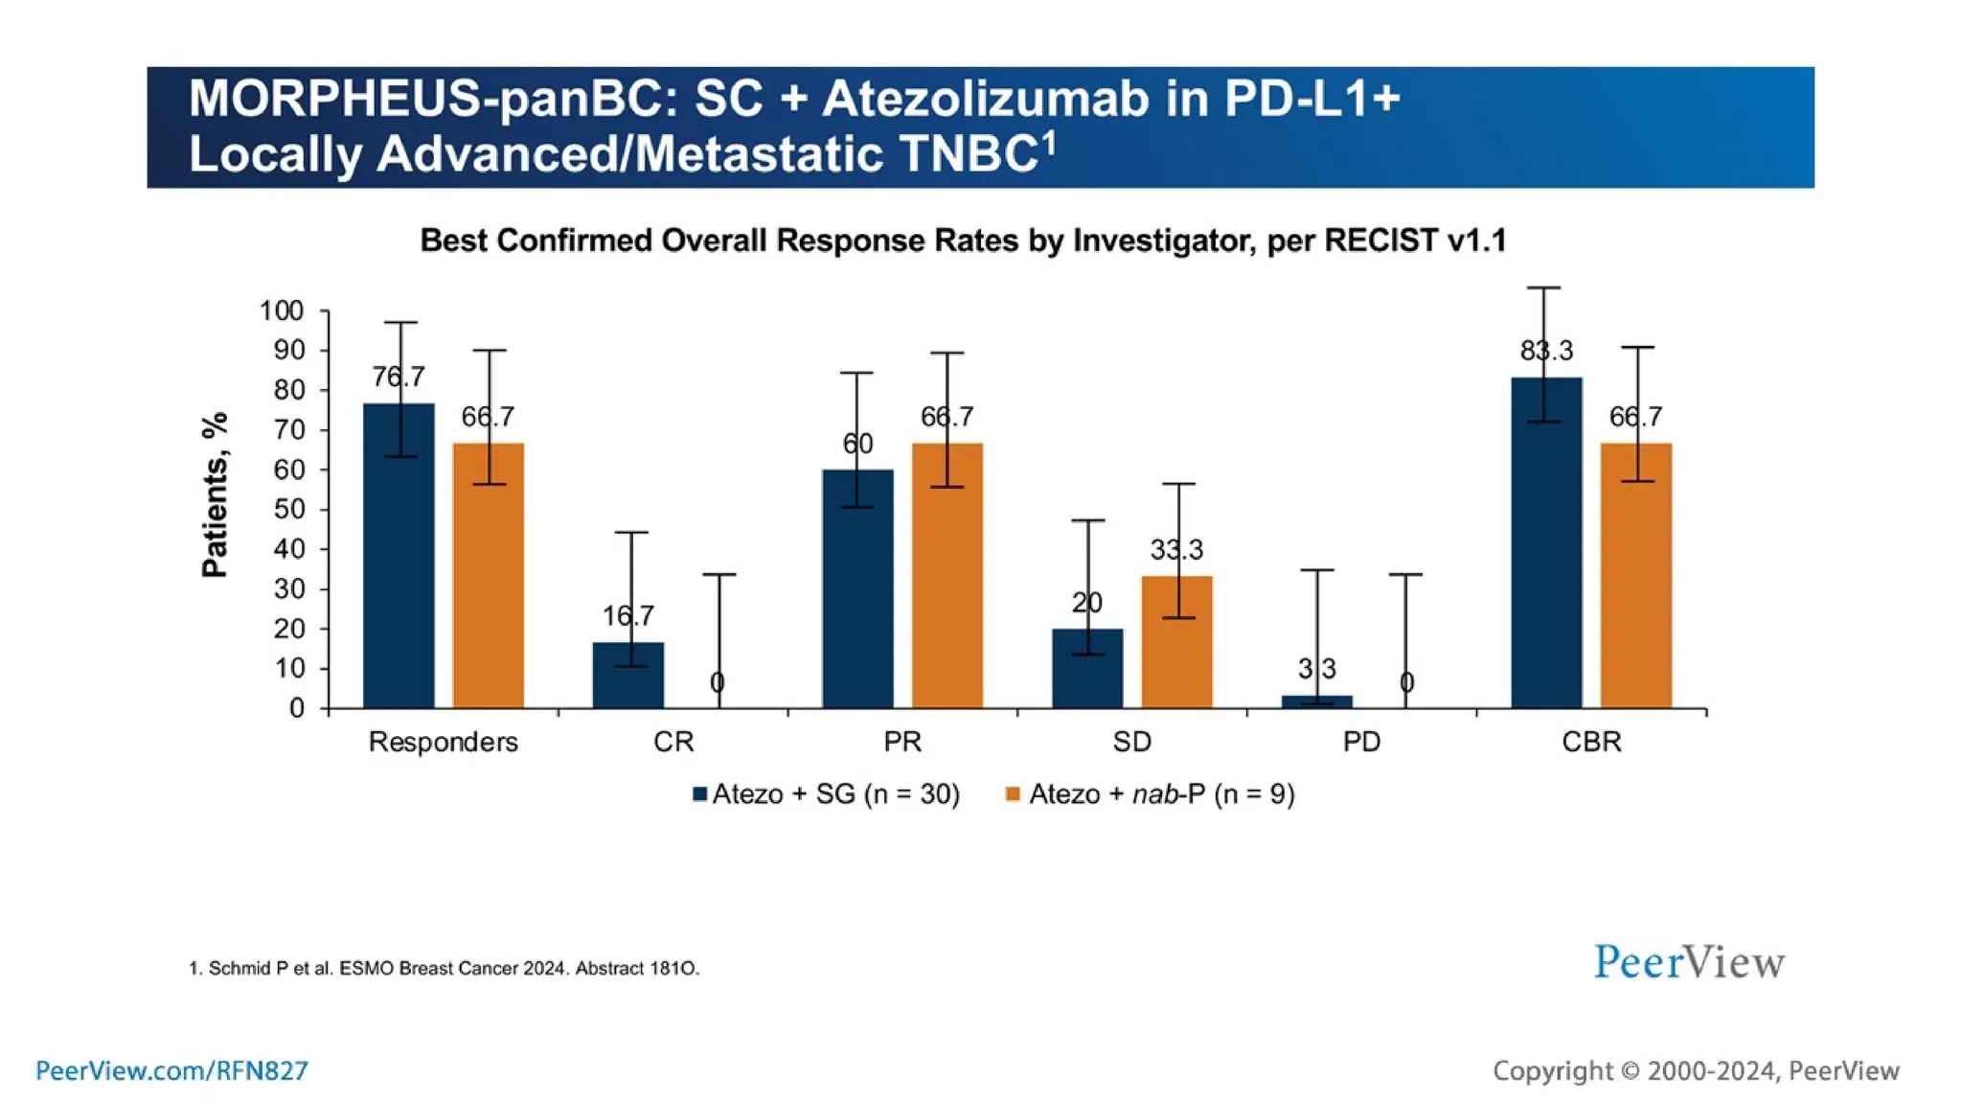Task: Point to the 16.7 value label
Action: pyautogui.click(x=627, y=615)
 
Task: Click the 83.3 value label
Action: pyautogui.click(x=1546, y=351)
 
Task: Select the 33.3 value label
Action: pyautogui.click(x=1176, y=550)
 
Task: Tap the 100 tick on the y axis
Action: pyautogui.click(x=281, y=311)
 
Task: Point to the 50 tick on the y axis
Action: pyautogui.click(x=288, y=510)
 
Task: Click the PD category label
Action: pyautogui.click(x=1361, y=742)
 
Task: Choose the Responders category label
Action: pyautogui.click(x=443, y=742)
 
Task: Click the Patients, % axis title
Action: pyautogui.click(x=216, y=494)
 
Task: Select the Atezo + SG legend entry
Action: pyautogui.click(x=826, y=794)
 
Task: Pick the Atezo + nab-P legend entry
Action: pyautogui.click(x=1151, y=794)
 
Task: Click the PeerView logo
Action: pyautogui.click(x=1689, y=962)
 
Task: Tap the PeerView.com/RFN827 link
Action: pyautogui.click(x=172, y=1070)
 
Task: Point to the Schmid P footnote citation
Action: pyautogui.click(x=444, y=968)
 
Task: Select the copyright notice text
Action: pyautogui.click(x=1696, y=1070)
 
